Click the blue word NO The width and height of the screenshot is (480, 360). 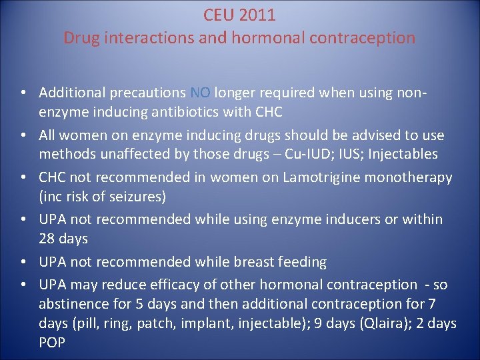click(201, 92)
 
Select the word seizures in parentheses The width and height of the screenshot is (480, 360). click(141, 197)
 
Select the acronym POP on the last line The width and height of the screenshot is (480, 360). click(52, 342)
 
